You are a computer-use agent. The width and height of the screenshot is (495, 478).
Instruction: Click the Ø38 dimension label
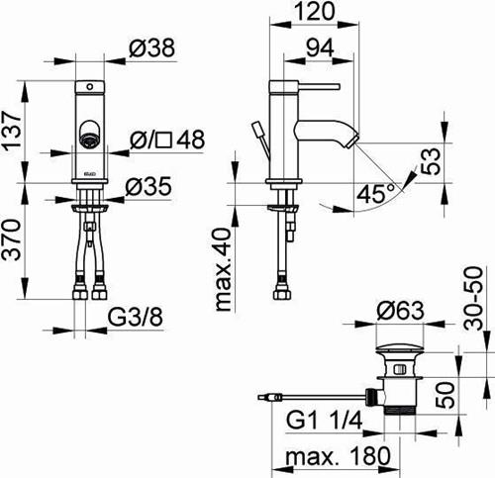pyautogui.click(x=151, y=48)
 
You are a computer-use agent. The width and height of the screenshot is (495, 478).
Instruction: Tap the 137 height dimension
pyautogui.click(x=12, y=131)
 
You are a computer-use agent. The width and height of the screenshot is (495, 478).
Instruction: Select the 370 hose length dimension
pyautogui.click(x=12, y=239)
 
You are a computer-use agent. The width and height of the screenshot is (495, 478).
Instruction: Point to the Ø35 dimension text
pyautogui.click(x=148, y=186)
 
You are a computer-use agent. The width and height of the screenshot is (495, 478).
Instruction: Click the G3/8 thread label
pyautogui.click(x=136, y=317)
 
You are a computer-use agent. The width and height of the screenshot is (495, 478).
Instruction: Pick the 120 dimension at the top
pyautogui.click(x=314, y=12)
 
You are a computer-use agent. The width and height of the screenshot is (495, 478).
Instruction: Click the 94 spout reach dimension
pyautogui.click(x=320, y=48)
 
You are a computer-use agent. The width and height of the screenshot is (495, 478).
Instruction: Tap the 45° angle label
pyautogui.click(x=375, y=194)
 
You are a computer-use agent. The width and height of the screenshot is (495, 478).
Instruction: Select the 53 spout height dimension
pyautogui.click(x=430, y=161)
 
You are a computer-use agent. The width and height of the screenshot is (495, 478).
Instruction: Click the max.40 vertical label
pyautogui.click(x=224, y=270)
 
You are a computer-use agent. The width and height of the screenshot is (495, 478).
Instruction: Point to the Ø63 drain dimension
pyautogui.click(x=400, y=311)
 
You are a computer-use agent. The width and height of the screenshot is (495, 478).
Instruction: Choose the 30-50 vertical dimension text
pyautogui.click(x=473, y=298)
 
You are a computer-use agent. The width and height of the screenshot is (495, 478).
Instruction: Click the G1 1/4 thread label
pyautogui.click(x=325, y=420)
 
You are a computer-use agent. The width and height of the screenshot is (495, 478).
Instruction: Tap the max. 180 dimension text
pyautogui.click(x=338, y=456)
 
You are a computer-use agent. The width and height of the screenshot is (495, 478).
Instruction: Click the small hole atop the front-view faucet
pyautogui.click(x=90, y=87)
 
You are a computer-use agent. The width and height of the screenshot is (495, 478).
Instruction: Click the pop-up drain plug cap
pyautogui.click(x=400, y=348)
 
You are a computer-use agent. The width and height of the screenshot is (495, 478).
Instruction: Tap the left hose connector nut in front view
pyautogui.click(x=80, y=293)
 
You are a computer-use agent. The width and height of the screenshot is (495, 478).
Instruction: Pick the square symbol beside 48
pyautogui.click(x=164, y=140)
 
